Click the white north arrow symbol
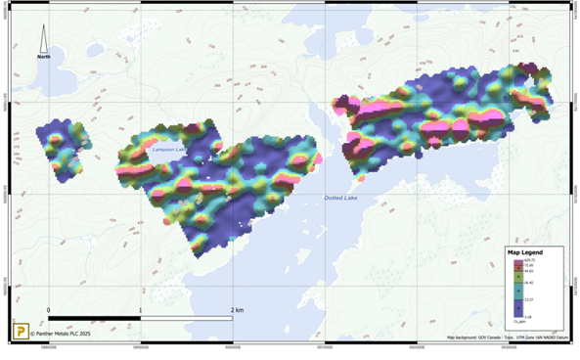(44, 39)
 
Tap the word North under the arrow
(44, 57)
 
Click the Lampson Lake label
(167, 149)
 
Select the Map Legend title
(525, 252)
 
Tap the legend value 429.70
(528, 259)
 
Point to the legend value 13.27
(528, 299)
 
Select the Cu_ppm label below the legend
(520, 323)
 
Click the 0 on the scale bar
(48, 310)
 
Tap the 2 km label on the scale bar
(236, 310)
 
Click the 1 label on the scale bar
(141, 310)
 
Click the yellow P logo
(19, 332)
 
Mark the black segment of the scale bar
(94, 318)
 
